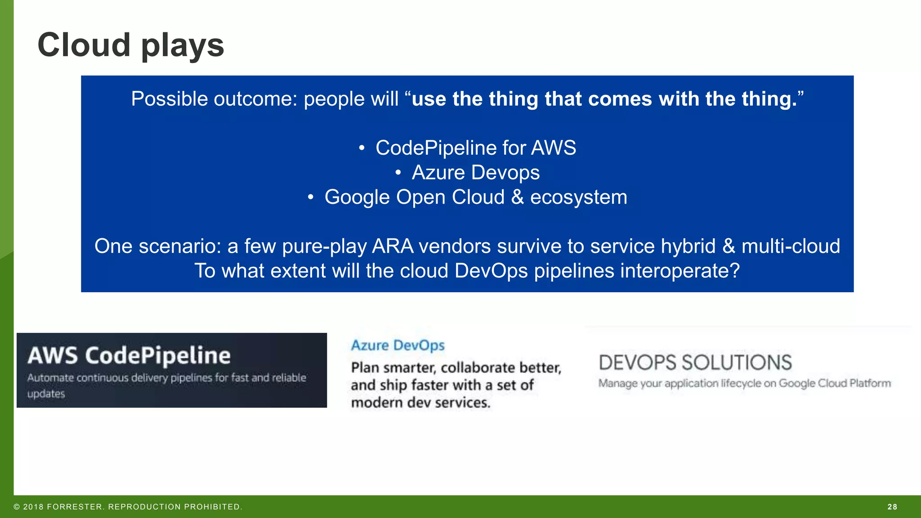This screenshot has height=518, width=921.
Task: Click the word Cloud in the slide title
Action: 84,45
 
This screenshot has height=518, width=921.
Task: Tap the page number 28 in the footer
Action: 892,507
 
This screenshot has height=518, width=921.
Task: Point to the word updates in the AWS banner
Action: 46,394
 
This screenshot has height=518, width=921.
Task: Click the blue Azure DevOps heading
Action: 398,345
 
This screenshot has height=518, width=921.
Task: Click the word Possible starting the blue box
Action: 170,99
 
